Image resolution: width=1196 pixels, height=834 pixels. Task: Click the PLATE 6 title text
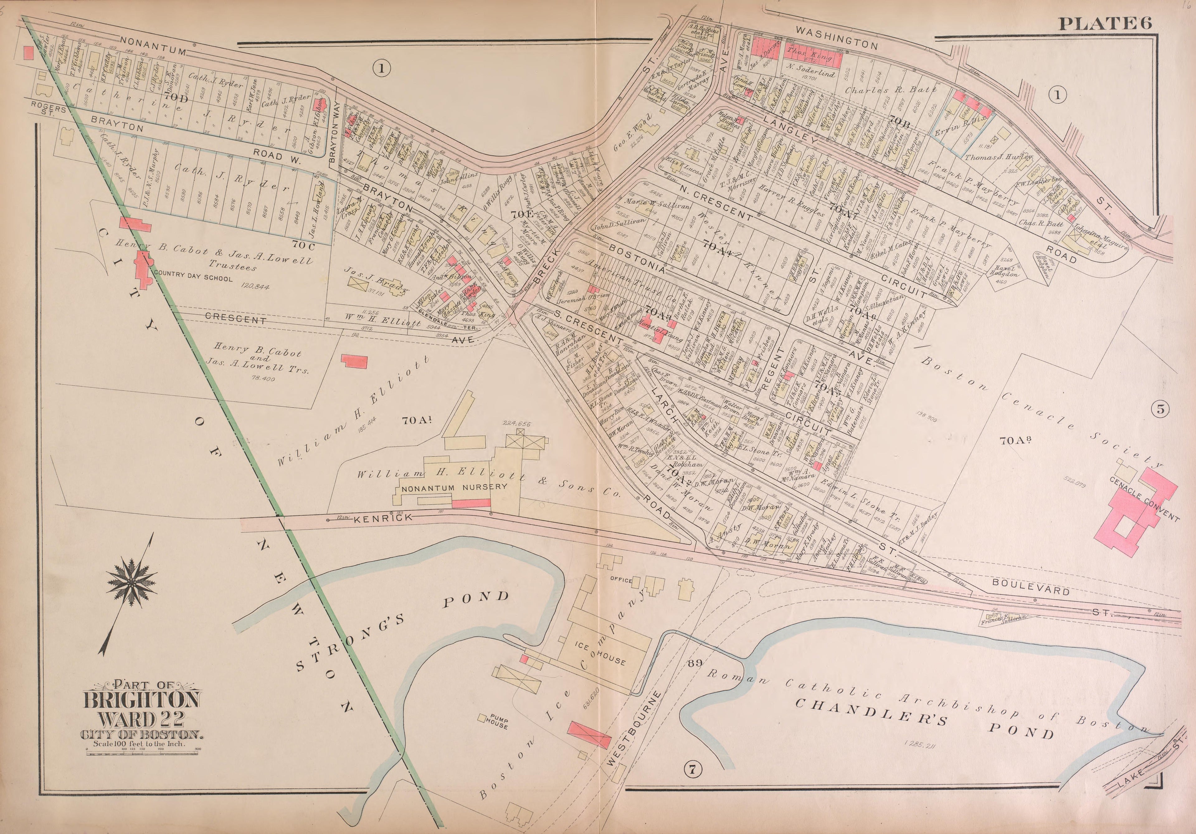[1104, 23]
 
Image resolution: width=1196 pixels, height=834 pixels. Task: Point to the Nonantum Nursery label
[454, 487]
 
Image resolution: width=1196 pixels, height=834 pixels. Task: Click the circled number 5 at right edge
[1160, 409]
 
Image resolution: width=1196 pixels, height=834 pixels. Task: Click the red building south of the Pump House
[589, 735]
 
